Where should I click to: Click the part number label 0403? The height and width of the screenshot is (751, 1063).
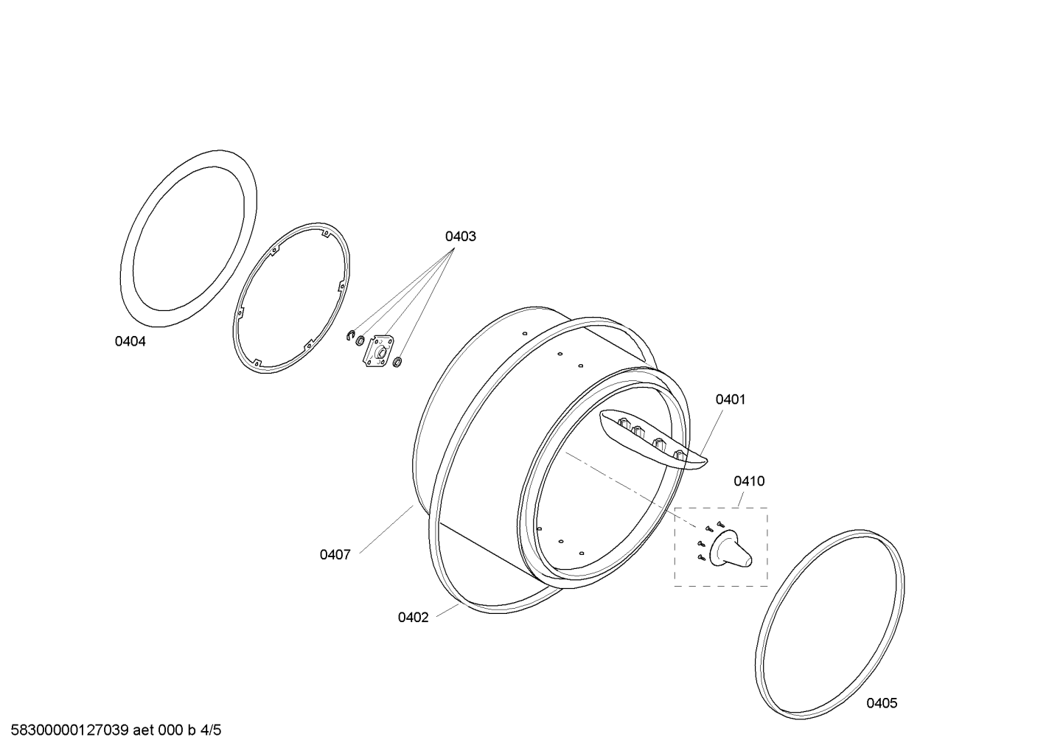click(x=460, y=237)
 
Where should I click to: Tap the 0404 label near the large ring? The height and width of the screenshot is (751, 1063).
click(x=130, y=341)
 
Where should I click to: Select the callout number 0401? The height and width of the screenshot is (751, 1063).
click(x=731, y=399)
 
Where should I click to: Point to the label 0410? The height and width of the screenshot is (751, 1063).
click(x=749, y=481)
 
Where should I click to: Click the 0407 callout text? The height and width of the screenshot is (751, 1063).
click(x=335, y=555)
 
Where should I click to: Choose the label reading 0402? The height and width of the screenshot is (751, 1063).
click(x=414, y=617)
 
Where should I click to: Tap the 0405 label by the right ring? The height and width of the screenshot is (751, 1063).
click(x=882, y=703)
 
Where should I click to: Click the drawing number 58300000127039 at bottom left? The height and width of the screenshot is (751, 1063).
click(x=69, y=730)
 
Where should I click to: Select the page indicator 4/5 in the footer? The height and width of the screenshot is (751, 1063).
click(x=210, y=730)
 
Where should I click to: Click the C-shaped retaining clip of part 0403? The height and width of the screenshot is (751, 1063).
click(x=349, y=335)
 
